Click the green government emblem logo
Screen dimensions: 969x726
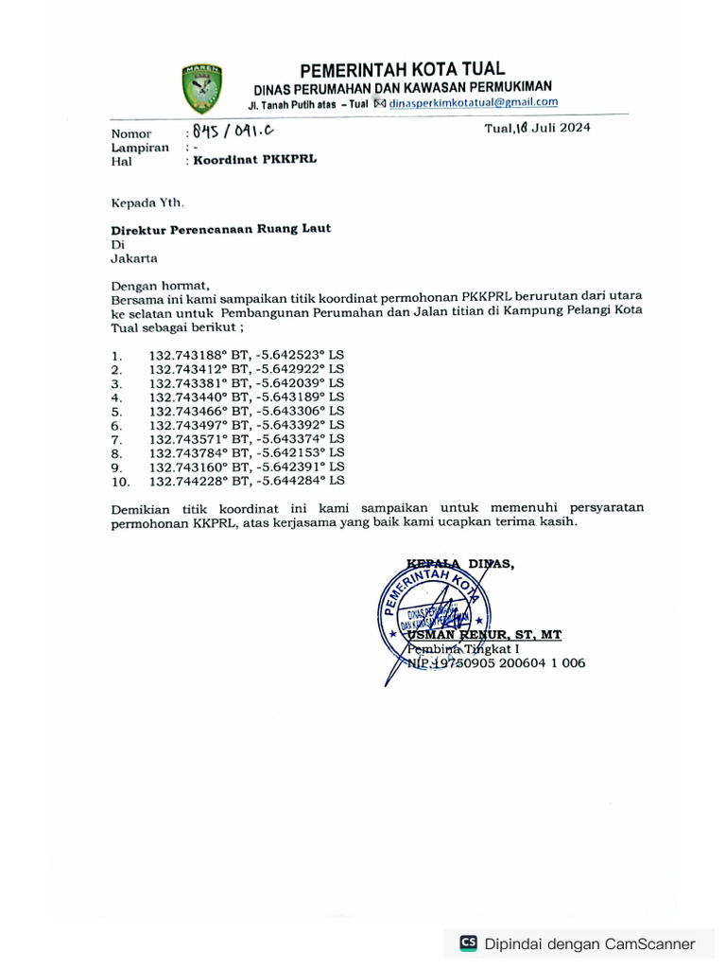point(201,89)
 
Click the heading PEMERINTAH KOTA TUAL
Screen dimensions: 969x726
point(402,69)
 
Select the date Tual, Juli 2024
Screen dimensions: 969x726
point(537,129)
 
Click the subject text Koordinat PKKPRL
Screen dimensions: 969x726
point(255,160)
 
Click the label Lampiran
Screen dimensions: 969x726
point(140,148)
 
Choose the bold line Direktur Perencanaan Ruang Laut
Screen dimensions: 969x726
point(221,229)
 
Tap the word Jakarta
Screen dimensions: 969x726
point(134,257)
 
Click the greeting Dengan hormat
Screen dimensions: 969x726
point(160,285)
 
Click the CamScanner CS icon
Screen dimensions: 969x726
point(468,943)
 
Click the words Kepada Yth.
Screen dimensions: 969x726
point(147,202)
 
